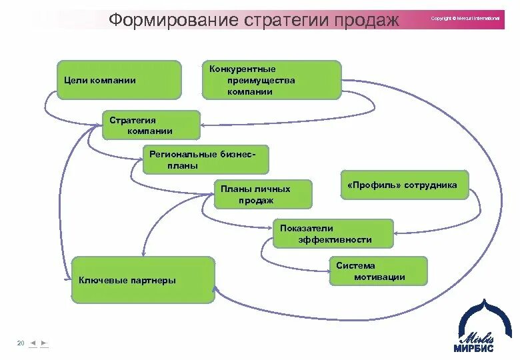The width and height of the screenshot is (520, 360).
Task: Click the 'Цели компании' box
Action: pos(119,80)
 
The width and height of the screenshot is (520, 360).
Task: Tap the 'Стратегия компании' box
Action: pos(151,125)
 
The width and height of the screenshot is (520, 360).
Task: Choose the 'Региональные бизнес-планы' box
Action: pos(205,159)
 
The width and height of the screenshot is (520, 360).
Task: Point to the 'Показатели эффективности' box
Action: pos(333,233)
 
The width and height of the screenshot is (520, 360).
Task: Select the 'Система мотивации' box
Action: pos(378,271)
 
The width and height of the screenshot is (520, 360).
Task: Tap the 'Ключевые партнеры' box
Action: pos(143,280)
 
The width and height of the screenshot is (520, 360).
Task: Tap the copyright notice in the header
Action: pos(465,18)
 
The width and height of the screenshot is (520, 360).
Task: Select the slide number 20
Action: pos(21,343)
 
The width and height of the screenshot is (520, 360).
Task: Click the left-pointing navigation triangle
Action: pos(33,343)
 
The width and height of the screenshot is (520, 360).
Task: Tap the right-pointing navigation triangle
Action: pos(43,343)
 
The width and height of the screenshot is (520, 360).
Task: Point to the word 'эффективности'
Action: pos(335,239)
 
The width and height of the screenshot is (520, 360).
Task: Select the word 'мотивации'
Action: pos(380,277)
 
